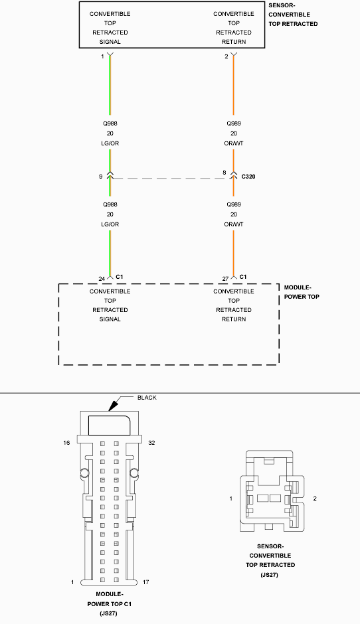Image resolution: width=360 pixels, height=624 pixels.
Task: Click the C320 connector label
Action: click(x=248, y=177)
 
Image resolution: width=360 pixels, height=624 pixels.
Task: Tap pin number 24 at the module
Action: click(x=102, y=279)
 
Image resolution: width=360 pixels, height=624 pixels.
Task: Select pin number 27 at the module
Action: click(x=225, y=279)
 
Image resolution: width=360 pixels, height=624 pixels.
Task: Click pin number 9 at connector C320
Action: click(x=101, y=177)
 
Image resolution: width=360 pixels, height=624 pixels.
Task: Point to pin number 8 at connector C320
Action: click(x=225, y=173)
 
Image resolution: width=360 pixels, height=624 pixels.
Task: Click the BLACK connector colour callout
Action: click(x=147, y=398)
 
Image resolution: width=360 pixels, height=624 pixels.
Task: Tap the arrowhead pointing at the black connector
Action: click(x=114, y=405)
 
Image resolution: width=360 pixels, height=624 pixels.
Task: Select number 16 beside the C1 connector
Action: click(x=66, y=443)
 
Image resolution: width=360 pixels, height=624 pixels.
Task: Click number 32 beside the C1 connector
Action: click(x=151, y=443)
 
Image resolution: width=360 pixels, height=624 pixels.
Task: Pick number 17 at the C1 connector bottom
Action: click(x=145, y=582)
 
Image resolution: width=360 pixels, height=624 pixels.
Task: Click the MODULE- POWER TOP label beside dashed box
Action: click(x=302, y=292)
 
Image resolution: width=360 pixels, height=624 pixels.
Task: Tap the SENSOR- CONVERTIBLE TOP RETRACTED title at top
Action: click(x=293, y=15)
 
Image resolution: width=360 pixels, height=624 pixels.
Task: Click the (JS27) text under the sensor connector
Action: click(x=269, y=575)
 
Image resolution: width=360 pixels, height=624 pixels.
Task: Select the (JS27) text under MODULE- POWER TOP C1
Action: click(x=108, y=613)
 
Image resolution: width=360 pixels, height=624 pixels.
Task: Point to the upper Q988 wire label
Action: click(x=110, y=123)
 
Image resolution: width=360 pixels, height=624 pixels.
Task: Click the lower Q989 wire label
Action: click(x=234, y=204)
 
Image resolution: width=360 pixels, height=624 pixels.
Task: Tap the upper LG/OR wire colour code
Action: click(x=110, y=143)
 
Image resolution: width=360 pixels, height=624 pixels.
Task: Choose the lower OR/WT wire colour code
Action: click(x=234, y=224)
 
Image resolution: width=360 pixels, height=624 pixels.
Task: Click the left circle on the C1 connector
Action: click(x=85, y=473)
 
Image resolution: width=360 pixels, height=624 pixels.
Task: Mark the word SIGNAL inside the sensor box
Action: click(x=110, y=42)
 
